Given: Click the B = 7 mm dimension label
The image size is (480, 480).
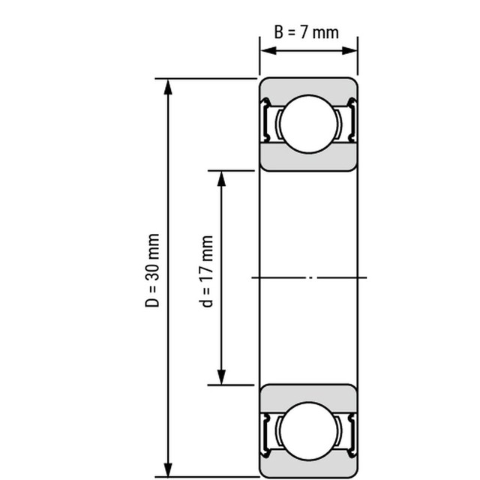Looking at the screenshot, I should coord(306,32).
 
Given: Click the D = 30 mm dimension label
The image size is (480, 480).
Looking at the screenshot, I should coord(153,271).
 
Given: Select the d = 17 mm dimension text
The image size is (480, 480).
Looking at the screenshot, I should coord(208,271).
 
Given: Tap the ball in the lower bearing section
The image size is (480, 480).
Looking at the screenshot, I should coord(308,430).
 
